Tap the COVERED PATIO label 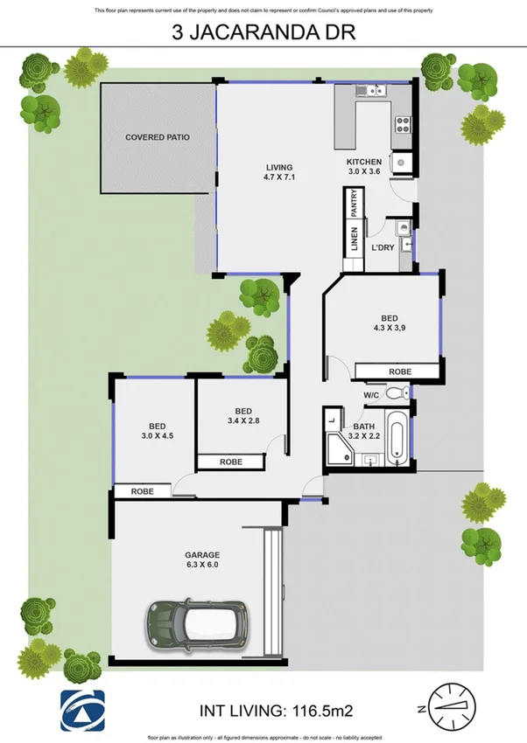(158, 137)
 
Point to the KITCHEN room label (364, 168)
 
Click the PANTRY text (355, 205)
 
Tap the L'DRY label (383, 247)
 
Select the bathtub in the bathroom (396, 440)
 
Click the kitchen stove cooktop (404, 124)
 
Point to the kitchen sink (370, 89)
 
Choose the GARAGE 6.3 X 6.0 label (201, 560)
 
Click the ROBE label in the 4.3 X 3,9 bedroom (399, 371)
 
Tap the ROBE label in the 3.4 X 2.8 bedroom (231, 462)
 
